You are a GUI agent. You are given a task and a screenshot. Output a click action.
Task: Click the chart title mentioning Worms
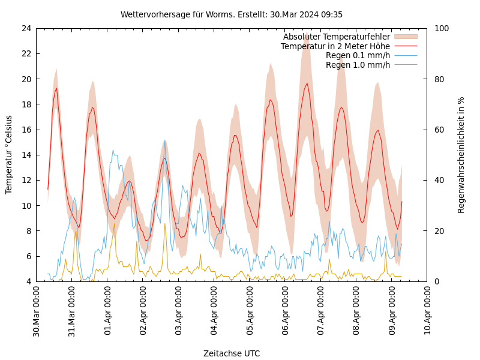232,14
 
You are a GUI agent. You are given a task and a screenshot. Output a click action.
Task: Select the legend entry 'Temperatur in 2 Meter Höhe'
335,46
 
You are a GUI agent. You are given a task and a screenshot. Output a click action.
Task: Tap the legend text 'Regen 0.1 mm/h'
358,55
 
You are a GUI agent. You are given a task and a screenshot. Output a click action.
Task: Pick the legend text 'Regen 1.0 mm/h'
358,65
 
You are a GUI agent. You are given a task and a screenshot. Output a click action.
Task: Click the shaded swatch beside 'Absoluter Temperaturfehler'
406,37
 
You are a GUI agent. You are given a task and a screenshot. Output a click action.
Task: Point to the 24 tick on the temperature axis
26,28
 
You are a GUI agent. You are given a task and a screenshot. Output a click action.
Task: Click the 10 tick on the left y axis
26,205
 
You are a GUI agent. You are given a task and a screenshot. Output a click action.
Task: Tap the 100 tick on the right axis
441,28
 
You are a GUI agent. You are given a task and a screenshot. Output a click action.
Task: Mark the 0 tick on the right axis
437,281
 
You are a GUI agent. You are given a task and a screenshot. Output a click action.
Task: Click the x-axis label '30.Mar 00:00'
36,311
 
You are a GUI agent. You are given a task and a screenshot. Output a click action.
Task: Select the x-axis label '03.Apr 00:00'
179,311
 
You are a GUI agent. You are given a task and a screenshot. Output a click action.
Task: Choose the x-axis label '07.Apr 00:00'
321,311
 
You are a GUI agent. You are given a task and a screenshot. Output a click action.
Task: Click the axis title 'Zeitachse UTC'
232,353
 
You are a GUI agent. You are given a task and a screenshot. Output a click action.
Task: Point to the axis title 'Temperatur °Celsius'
9,154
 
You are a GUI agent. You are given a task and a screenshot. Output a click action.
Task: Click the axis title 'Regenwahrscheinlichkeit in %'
461,154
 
